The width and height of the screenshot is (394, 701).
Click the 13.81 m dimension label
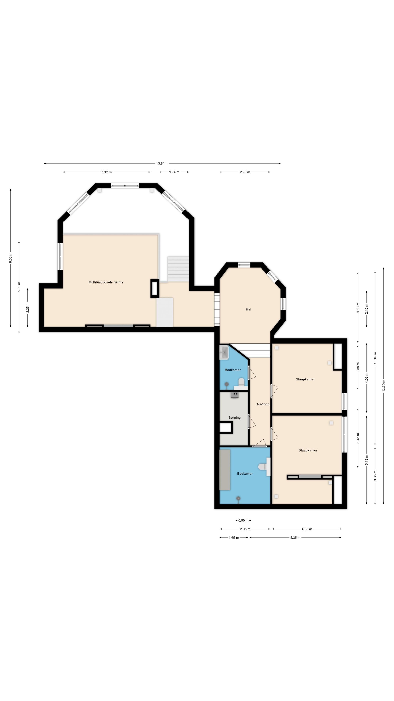pos(162,164)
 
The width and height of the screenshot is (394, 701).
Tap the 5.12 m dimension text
pos(107,172)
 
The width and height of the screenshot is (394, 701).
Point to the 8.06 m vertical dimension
pos(11,258)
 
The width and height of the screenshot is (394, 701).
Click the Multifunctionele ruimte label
pos(106,282)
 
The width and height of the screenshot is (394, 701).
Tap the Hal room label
pos(248,309)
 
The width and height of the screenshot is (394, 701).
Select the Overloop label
pos(262,404)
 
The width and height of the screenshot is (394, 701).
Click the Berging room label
pos(234,417)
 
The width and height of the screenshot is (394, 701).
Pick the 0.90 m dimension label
pos(243,520)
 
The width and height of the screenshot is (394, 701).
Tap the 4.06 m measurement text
pos(307,529)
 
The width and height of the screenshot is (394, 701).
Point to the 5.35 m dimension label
pos(295,537)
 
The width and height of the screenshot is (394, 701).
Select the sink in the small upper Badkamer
pos(224,353)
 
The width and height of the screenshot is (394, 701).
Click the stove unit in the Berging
pos(235,394)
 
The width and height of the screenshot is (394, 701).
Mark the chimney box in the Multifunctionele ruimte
pos(155,288)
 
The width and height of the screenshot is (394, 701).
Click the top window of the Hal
pos(244,265)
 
